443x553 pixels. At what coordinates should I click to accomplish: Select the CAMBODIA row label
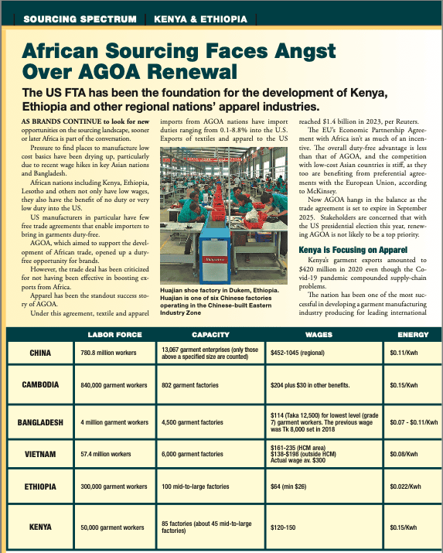41,385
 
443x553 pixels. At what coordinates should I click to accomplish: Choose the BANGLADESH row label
40,423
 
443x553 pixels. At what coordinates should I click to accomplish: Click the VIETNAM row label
41,455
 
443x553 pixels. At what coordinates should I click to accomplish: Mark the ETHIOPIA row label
41,486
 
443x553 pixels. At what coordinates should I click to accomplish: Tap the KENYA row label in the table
41,527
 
